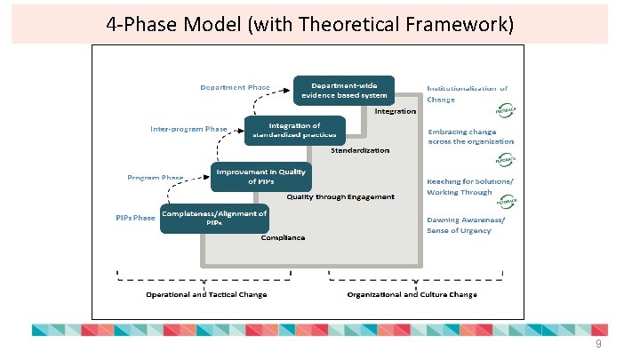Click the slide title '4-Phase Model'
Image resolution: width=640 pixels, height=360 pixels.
coord(308,24)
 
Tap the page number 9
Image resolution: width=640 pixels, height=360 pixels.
coord(598,343)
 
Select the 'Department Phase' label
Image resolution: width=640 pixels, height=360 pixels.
coord(235,87)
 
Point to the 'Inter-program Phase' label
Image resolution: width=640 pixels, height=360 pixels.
coord(188,129)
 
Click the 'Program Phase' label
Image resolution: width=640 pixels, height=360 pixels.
coord(155,177)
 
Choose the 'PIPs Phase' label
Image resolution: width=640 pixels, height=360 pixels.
coord(135,217)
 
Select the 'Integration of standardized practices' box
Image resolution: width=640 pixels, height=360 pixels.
coord(293,131)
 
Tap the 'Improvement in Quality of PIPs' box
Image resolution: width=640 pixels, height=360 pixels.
coord(260,176)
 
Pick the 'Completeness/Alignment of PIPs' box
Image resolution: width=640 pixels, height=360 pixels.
coord(213,218)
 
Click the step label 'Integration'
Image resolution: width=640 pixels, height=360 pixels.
coord(395,111)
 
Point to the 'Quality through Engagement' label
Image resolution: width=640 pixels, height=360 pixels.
coord(340,196)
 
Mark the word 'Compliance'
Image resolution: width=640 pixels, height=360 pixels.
coord(283,237)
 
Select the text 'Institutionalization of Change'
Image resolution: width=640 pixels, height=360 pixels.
coord(467,93)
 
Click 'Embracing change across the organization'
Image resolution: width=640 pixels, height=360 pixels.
coord(470,136)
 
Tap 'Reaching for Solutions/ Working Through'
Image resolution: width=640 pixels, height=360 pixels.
coord(470,186)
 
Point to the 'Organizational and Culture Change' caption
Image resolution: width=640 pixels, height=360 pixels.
coord(412,294)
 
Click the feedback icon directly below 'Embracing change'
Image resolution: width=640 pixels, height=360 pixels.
coord(506,160)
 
